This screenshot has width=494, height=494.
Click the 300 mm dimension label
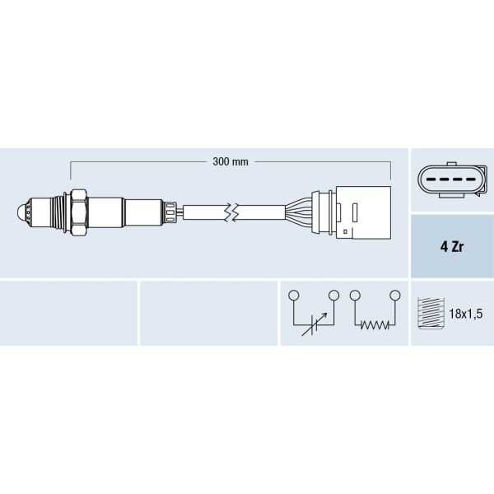click(230, 161)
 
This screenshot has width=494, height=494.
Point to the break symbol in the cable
click(233, 212)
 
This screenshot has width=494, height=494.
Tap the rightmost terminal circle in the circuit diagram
click(394, 295)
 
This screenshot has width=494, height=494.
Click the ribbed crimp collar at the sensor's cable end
click(170, 212)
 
